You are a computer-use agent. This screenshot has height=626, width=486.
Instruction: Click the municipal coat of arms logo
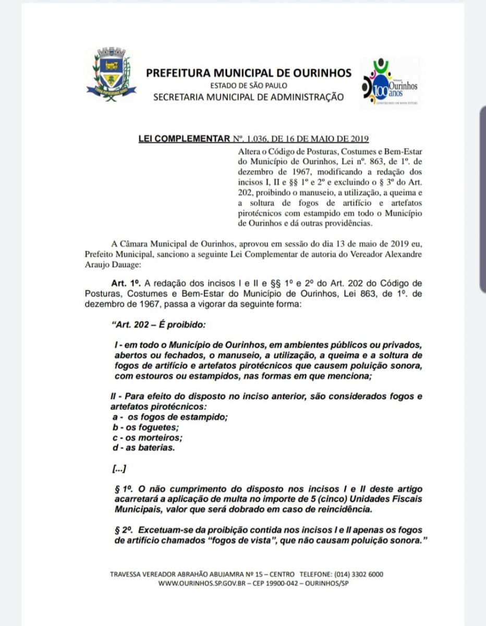[111, 74]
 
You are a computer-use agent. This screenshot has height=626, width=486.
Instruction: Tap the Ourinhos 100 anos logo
[390, 83]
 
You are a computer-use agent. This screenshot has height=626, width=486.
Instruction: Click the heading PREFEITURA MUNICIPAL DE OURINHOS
[249, 73]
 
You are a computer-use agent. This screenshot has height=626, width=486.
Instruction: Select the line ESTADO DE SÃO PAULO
[248, 86]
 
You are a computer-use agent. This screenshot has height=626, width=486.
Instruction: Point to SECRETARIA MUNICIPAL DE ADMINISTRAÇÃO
[248, 97]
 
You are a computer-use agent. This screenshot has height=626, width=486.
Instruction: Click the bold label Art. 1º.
[126, 283]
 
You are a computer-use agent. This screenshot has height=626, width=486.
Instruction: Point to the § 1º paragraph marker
[123, 489]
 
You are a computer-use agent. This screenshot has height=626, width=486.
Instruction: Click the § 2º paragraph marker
[123, 531]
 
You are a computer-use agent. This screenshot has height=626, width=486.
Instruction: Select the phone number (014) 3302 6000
[359, 574]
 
